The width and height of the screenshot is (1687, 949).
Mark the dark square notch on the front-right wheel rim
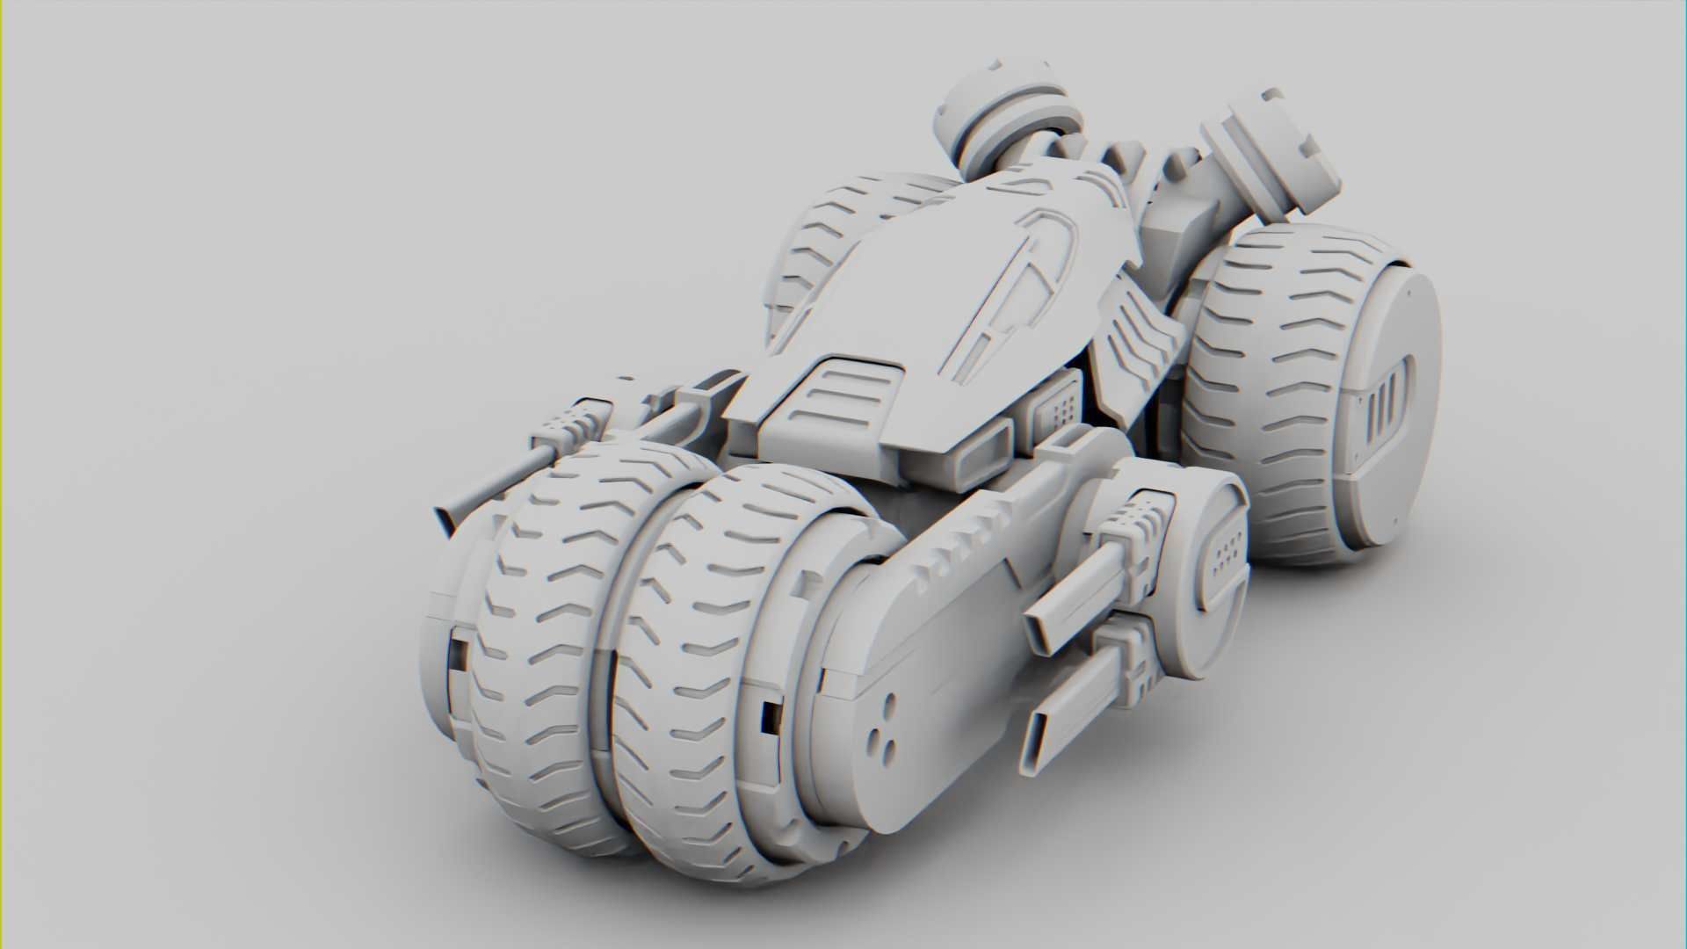tap(771, 716)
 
